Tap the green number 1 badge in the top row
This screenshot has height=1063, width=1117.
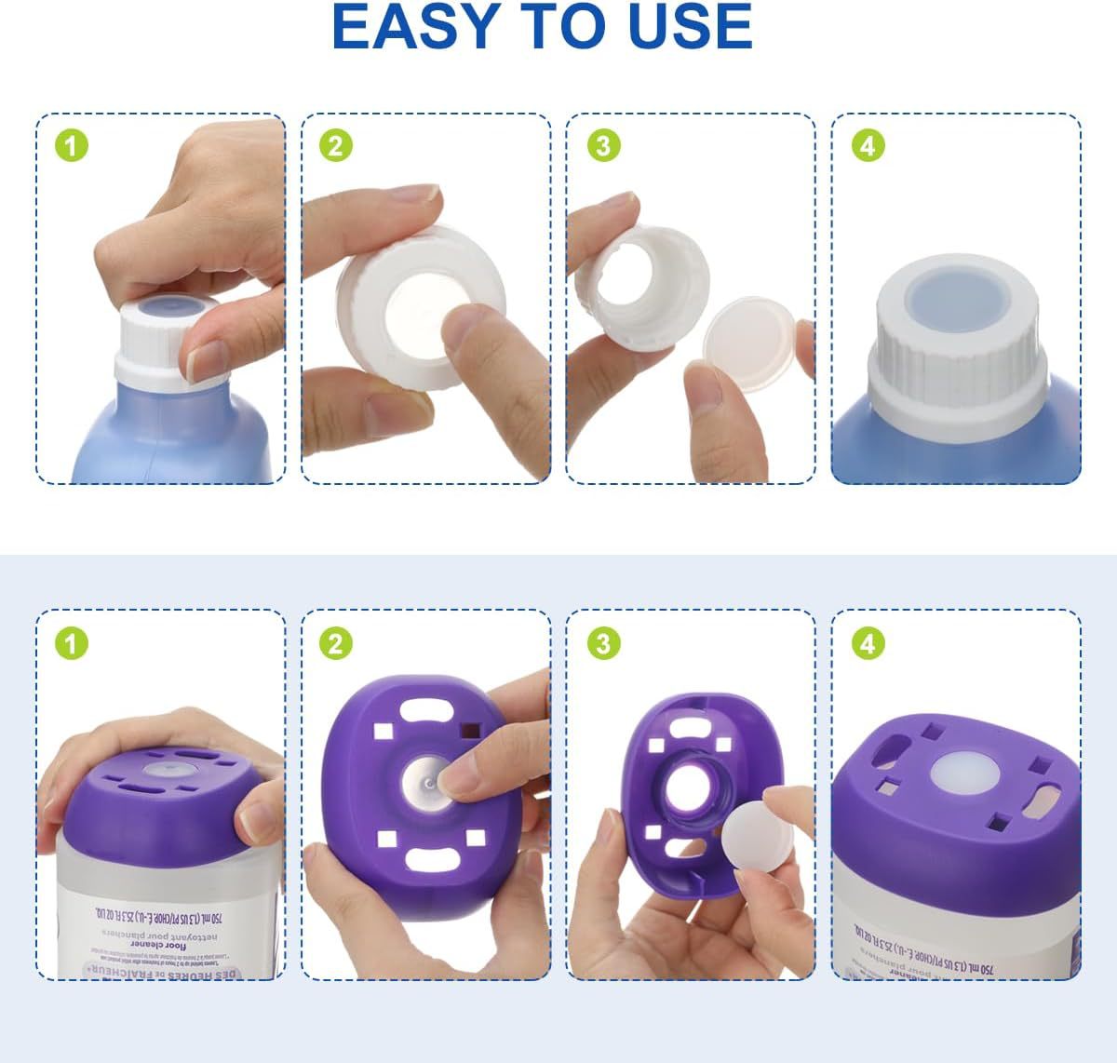[x=72, y=146]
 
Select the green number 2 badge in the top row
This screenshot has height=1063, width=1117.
[x=336, y=146]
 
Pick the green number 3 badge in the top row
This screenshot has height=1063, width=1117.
[x=603, y=146]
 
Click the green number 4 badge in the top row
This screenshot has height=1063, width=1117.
[x=868, y=146]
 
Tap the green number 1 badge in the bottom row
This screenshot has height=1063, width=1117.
[x=72, y=643]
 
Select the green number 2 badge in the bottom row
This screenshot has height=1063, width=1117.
[x=336, y=643]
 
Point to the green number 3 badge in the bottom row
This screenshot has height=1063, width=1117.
[x=603, y=643]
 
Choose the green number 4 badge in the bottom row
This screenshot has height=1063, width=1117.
[x=868, y=643]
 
